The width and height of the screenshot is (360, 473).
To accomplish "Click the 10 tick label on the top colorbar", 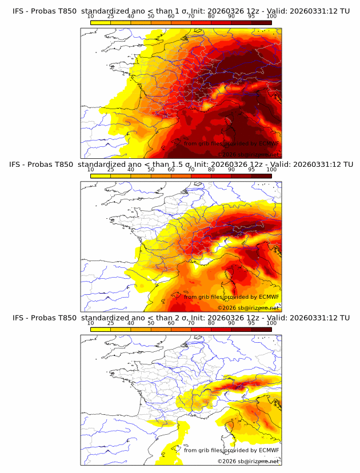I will point(90,16).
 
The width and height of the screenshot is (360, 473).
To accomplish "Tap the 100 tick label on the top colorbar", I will point(271,16).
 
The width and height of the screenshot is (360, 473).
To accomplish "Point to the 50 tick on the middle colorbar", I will point(151,170).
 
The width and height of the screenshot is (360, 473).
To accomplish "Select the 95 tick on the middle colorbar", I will point(251,170).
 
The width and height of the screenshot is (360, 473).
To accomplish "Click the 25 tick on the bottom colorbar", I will point(110,323).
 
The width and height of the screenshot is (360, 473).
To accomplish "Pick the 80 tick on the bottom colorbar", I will point(211,323).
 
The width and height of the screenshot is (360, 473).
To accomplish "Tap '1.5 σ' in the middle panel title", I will point(187,165).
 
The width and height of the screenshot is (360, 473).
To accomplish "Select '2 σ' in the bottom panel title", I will point(184,318).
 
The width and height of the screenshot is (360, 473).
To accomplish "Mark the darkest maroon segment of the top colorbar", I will point(261,22).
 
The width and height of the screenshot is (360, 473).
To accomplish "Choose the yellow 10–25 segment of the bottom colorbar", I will point(100,330).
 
